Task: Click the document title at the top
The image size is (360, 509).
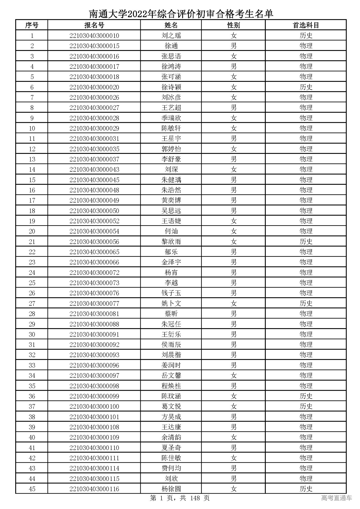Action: pos(181,13)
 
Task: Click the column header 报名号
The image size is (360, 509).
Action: pos(94,25)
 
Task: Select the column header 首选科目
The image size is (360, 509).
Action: pos(306,25)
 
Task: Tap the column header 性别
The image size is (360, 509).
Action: pos(233,25)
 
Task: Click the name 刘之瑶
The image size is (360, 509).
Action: pos(171,36)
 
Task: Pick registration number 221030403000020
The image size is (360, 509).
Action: pos(94,87)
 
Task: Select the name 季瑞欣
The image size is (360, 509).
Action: pos(171,118)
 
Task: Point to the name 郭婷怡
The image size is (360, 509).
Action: pos(171,149)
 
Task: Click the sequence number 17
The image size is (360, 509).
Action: pos(32,201)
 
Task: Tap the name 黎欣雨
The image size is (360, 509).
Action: pos(171,242)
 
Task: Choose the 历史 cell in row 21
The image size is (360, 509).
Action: pos(306,242)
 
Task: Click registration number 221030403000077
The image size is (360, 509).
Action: pos(94,303)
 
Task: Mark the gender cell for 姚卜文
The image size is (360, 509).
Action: pos(233,303)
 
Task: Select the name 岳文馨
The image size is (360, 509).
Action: pos(171,375)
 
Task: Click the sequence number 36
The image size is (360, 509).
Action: pos(32,396)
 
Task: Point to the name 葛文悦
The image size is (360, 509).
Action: pos(171,406)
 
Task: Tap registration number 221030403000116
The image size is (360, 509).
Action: pos(94,489)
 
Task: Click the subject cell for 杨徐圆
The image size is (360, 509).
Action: pos(306,489)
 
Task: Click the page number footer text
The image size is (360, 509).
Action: pos(180,498)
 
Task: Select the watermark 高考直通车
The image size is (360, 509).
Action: pos(336,498)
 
